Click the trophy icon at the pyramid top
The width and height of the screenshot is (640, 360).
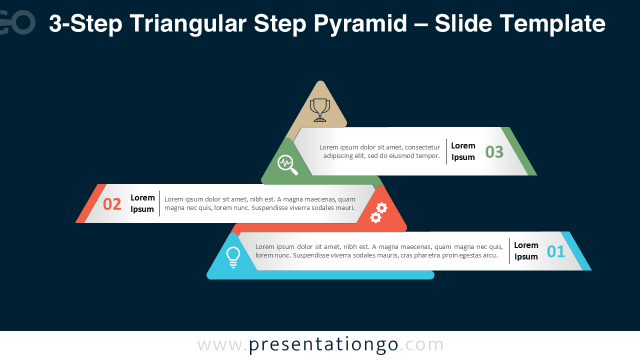coord(320,110)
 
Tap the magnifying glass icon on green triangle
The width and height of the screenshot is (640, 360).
coord(287,164)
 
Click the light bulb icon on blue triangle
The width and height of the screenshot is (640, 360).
coord(233,257)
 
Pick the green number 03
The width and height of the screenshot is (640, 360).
coord(494,151)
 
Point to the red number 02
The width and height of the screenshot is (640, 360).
coord(112,204)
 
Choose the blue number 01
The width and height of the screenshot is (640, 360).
coord(555,251)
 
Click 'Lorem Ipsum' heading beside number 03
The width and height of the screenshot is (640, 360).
coord(463,151)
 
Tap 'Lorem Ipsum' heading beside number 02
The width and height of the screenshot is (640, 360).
coord(142,203)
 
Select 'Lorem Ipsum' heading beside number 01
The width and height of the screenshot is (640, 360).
coord(526,251)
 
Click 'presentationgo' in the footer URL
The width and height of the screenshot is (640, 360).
coord(323,344)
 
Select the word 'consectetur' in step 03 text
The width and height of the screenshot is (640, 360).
coord(422,147)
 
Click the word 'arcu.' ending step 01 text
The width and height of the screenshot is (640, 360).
coord(489,255)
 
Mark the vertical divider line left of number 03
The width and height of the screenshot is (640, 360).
coord(446,151)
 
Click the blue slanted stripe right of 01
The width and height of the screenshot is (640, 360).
coord(576,251)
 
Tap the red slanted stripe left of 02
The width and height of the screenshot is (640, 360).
coord(91,203)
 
